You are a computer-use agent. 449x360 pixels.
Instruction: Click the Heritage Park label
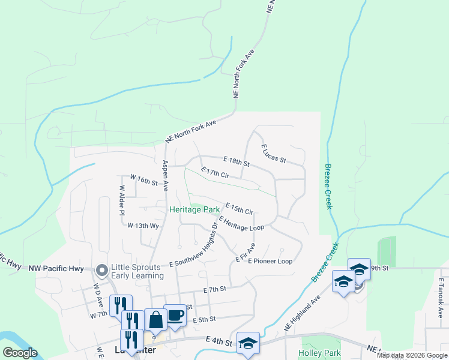click(194, 209)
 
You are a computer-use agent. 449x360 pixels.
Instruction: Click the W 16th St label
click(143, 179)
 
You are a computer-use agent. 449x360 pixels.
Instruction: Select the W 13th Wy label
click(142, 226)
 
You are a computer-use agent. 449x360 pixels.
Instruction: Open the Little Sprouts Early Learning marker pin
click(101, 271)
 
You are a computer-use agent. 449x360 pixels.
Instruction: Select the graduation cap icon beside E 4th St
click(248, 343)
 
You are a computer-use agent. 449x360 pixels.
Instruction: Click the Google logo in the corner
click(20, 353)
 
